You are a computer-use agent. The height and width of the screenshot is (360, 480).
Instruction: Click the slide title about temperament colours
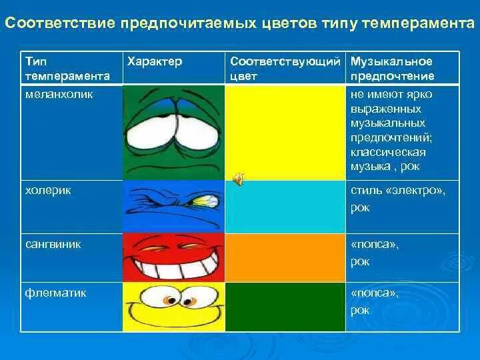pos(240,24)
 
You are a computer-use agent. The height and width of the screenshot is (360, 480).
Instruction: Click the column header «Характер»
pos(154,61)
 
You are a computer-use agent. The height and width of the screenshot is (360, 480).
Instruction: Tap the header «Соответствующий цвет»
pos(285,69)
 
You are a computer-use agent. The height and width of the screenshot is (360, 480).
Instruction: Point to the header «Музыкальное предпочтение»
pos(393,69)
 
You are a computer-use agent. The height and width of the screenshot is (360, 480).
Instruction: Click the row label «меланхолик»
pos(59,95)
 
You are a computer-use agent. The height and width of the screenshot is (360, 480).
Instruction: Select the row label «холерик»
pos(48,190)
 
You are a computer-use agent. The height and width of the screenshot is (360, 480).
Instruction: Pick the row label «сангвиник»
pos(53,244)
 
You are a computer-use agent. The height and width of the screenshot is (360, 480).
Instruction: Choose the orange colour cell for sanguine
pos(285,257)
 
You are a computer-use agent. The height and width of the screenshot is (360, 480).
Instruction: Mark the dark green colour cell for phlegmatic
pos(285,306)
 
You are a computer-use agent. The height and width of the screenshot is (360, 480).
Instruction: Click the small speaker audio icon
pos(237,179)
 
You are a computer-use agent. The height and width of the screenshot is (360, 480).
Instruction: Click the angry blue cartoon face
pos(173,207)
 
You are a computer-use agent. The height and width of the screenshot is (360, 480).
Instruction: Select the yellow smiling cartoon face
pos(173,306)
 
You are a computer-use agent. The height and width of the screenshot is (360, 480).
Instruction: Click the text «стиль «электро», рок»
pos(397,199)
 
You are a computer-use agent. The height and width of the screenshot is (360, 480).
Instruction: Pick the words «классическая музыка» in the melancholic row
pos(387,159)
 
